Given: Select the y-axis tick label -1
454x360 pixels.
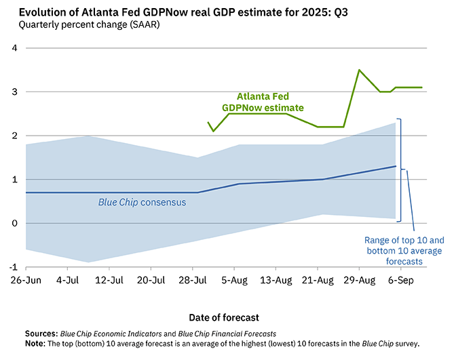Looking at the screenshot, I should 12,267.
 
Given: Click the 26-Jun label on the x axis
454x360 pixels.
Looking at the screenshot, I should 26,279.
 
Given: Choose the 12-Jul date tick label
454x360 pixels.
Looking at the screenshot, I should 109,279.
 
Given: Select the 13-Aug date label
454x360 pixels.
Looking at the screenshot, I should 276,279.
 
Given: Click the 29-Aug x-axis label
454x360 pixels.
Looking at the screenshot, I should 360,279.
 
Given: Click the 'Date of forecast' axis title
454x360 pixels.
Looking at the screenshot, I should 225,317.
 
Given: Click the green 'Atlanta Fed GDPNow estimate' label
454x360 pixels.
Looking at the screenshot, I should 263,102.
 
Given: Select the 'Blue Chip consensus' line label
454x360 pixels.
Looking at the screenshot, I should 142,202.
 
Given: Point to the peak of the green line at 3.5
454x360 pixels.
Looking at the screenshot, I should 359,70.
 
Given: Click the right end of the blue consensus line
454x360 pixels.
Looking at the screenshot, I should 396,166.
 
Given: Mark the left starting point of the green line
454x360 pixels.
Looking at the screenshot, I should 208,123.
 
